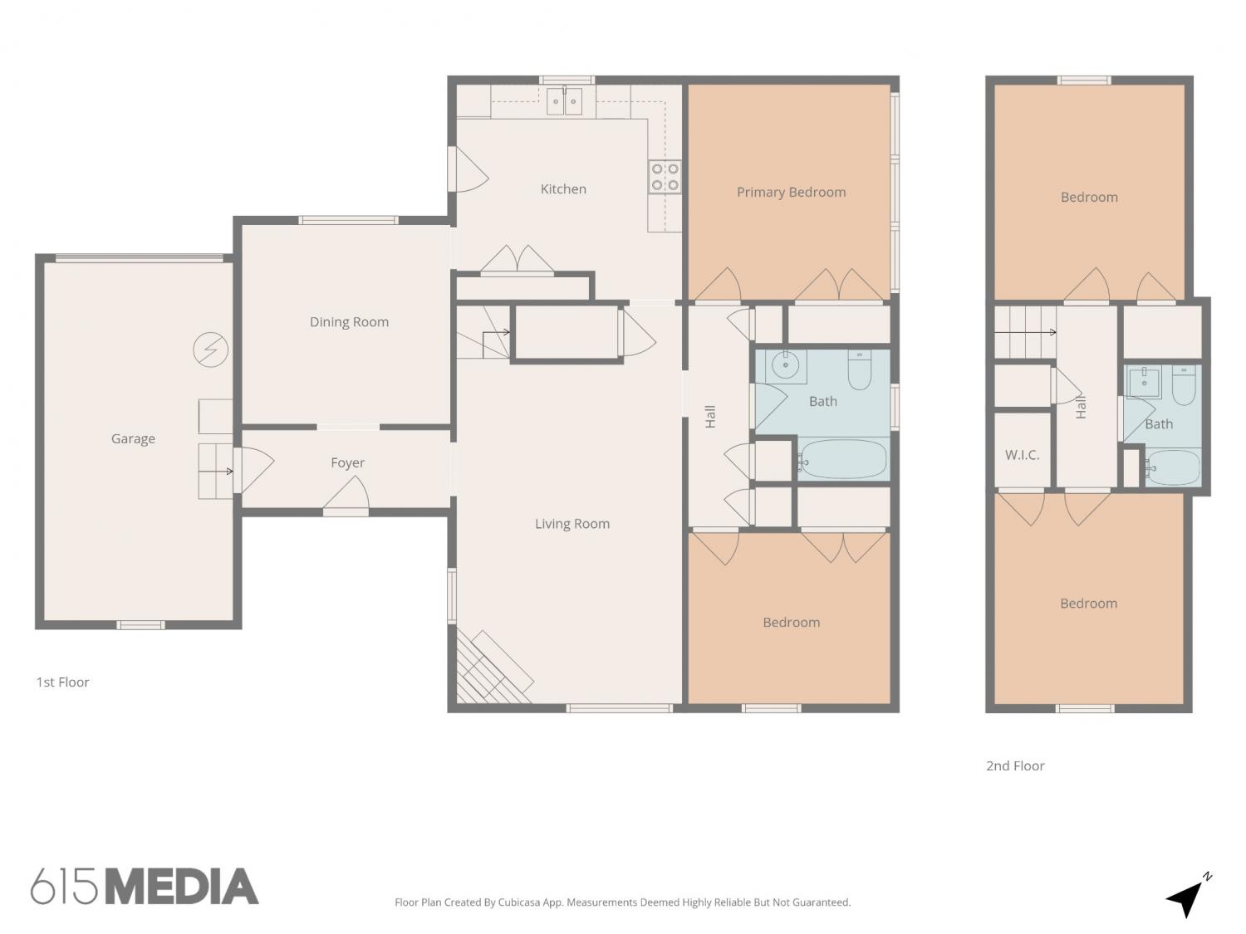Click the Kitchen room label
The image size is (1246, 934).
562,188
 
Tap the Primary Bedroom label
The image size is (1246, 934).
791,193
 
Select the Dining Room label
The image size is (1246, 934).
349,322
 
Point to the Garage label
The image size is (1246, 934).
133,439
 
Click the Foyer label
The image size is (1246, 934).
347,462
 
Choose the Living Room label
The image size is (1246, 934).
571,523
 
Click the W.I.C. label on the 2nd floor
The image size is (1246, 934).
1022,455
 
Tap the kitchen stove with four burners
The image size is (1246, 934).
665,177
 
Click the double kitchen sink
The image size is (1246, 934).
564,101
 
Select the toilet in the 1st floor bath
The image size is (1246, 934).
860,369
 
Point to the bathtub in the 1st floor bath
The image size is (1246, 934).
843,460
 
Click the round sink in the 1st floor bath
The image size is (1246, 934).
786,366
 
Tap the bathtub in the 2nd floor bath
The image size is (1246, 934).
1173,467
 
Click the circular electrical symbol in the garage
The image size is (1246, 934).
211,350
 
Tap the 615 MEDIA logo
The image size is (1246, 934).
145,886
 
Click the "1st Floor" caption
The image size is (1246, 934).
62,682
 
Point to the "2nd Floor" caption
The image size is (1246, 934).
1015,766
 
